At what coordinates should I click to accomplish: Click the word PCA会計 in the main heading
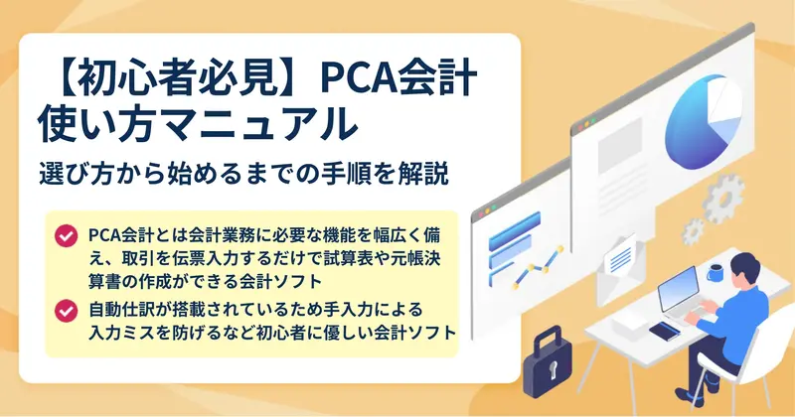coord(398,78)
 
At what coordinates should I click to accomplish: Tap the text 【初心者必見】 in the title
coord(177,78)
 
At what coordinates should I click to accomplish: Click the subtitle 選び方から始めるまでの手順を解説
coord(243,174)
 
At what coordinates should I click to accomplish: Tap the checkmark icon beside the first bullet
coord(67,236)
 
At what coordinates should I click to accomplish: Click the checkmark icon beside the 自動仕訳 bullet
coord(67,311)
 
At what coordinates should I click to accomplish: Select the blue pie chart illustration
coord(704,120)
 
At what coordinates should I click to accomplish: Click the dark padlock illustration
coord(548,362)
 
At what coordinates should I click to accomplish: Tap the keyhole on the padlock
coord(552,372)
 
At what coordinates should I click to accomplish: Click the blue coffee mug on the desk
coord(715,272)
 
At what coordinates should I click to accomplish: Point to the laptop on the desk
coord(682,295)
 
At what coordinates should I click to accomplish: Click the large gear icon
coord(723,199)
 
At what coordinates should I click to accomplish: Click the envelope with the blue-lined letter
coord(620,269)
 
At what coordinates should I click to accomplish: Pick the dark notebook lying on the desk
coord(665,332)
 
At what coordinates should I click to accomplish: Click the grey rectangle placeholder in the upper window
coord(620,139)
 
